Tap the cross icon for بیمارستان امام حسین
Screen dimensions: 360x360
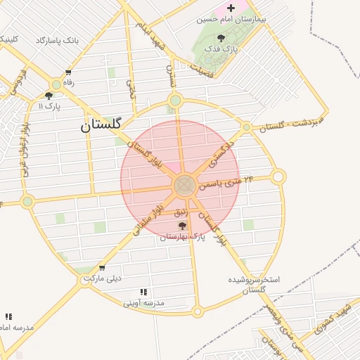[231, 8]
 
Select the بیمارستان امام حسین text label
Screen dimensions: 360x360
[231, 20]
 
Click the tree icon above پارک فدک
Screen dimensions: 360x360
[222, 38]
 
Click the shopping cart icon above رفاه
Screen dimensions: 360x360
[68, 72]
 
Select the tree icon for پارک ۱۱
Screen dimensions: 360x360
[49, 96]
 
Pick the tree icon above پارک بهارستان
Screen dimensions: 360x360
[183, 226]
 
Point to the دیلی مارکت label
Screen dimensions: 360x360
[103, 278]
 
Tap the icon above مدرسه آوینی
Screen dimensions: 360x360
[143, 292]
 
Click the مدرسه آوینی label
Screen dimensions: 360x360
[143, 303]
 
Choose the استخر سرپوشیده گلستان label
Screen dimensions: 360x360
[254, 285]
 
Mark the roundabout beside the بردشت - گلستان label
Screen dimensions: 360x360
[246, 127]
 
